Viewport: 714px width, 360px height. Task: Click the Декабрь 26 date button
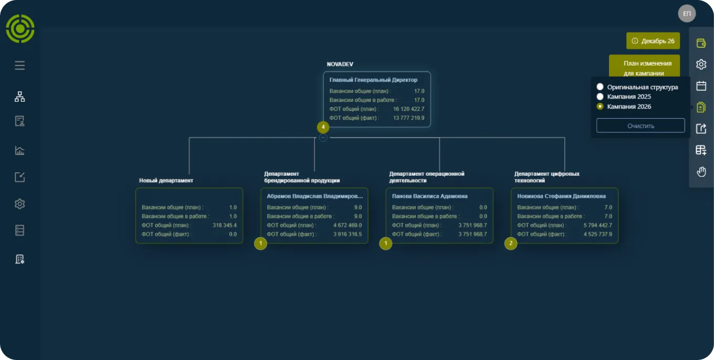(653, 41)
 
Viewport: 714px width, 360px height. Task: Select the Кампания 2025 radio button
(600, 97)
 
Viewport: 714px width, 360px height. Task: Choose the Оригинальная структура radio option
(600, 87)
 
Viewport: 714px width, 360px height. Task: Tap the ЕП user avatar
(687, 13)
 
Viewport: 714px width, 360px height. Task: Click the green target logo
(20, 29)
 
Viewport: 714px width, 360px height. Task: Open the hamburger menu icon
(20, 65)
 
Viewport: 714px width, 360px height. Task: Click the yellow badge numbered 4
(323, 127)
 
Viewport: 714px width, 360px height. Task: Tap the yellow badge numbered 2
(511, 243)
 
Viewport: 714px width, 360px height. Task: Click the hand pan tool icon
(701, 172)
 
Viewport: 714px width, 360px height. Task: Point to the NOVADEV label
(340, 64)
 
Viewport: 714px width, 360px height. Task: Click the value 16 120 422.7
(408, 109)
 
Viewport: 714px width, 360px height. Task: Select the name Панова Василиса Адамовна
(429, 196)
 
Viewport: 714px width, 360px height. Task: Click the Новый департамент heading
(166, 181)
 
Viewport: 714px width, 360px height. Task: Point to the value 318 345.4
(225, 225)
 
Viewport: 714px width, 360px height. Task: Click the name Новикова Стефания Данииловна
(561, 196)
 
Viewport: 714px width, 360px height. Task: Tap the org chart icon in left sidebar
(20, 97)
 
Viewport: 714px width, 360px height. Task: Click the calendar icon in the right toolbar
(701, 86)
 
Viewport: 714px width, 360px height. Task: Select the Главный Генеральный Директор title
(373, 80)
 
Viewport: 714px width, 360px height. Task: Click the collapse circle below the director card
(323, 137)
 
